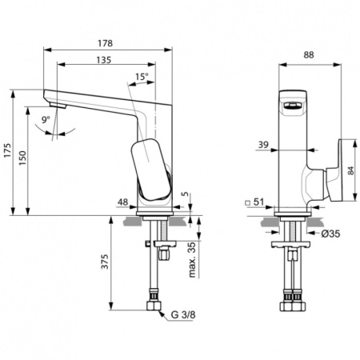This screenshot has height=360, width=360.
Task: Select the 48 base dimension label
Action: click(x=122, y=202)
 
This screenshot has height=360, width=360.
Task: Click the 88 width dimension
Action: click(x=309, y=54)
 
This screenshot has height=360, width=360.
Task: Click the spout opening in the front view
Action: click(x=294, y=104)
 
